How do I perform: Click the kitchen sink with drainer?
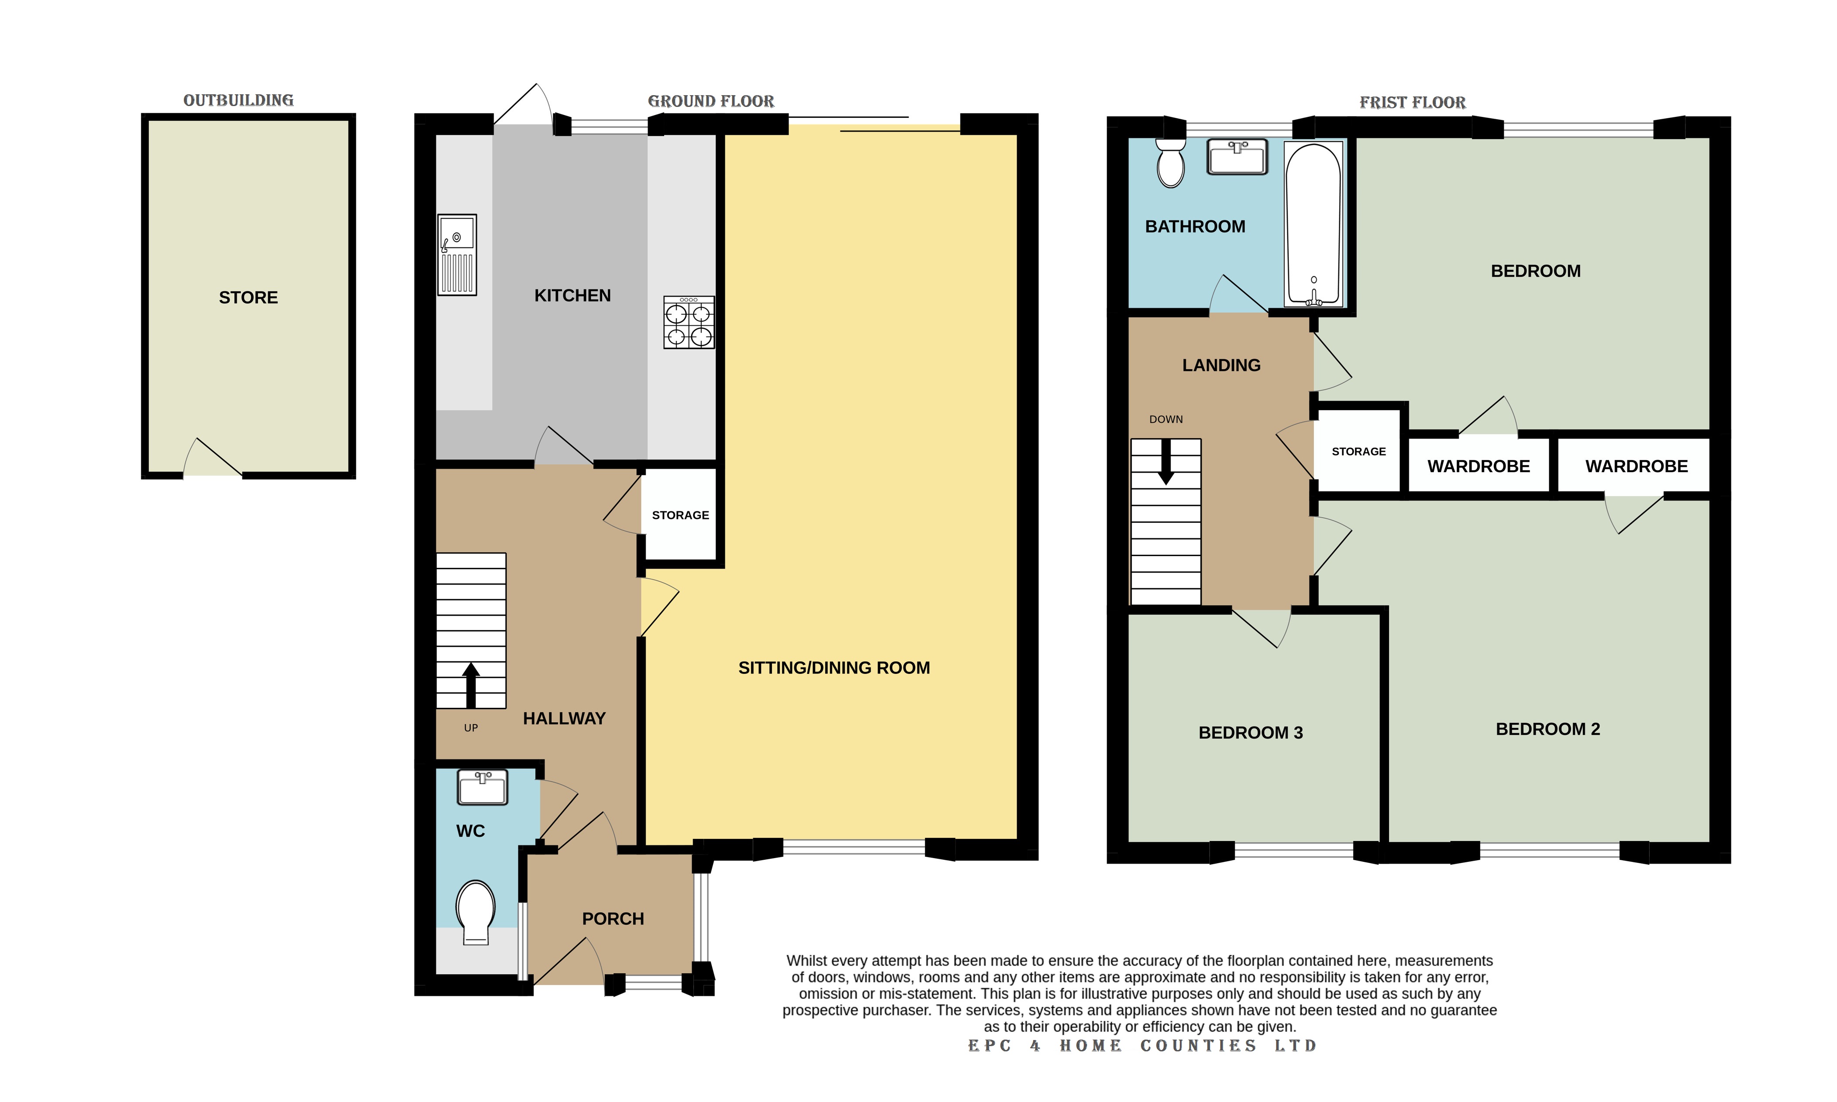coord(457,255)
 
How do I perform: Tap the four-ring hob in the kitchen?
coord(689,322)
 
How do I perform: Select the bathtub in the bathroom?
coord(1313,224)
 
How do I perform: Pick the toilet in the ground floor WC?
coord(476,912)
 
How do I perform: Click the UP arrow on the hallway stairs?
coord(471,685)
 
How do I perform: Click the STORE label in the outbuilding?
coord(248,298)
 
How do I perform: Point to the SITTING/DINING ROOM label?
coord(834,668)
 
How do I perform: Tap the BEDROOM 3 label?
coord(1250,733)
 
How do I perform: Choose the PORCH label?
coord(613,919)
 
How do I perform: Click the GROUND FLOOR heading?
coord(711,101)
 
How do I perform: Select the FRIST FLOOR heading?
coord(1412,103)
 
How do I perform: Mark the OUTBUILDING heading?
coord(238,100)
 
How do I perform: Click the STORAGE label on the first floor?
coord(1358,452)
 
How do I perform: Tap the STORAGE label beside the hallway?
coord(680,515)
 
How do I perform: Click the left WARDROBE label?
coord(1478,467)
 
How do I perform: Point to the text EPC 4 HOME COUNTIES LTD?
coord(1142,1046)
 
